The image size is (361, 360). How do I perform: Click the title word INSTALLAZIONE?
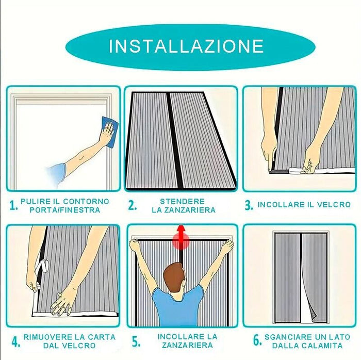pyautogui.click(x=186, y=46)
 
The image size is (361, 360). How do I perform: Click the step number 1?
pyautogui.click(x=13, y=205)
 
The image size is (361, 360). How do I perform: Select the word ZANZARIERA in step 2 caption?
pyautogui.click(x=183, y=210)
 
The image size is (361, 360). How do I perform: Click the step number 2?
pyautogui.click(x=132, y=205)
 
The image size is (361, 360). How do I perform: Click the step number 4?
pyautogui.click(x=15, y=341)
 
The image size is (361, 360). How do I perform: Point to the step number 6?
pyautogui.click(x=257, y=341)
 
